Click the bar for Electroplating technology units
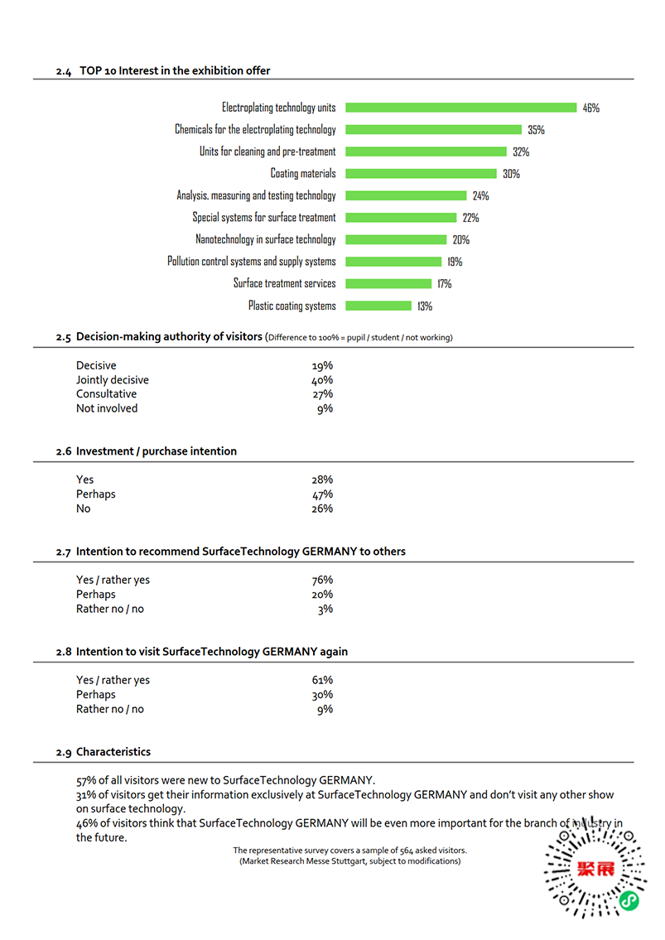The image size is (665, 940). pos(460,108)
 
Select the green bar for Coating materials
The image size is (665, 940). pos(421,174)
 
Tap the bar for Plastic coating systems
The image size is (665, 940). pos(378,306)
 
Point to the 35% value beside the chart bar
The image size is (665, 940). pos(536,130)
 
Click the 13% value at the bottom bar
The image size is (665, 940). pos(424,306)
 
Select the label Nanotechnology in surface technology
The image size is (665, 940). pos(266,239)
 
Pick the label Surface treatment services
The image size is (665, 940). pos(284,283)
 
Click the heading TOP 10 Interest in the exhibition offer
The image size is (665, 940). pos(175,70)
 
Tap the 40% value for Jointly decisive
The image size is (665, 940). pos(322,380)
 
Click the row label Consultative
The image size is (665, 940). pos(106,394)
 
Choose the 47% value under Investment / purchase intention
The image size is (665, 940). pos(322,494)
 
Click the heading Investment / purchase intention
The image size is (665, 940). pos(156,451)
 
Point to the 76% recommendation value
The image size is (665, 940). pos(322,581)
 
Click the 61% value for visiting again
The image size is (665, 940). pos(322,681)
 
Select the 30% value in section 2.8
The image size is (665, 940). pos(322,695)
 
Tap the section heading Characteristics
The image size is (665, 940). pos(113,752)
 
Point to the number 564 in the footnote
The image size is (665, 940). pos(412,851)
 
